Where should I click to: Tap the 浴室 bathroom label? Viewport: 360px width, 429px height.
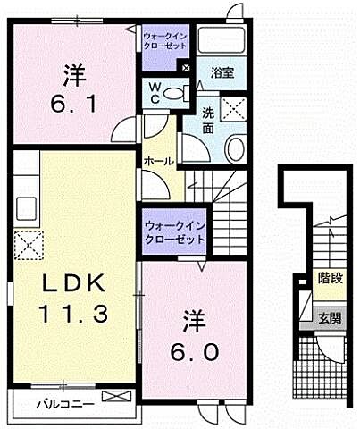pyautogui.click(x=222, y=73)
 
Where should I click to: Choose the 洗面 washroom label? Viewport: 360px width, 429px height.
pyautogui.click(x=206, y=121)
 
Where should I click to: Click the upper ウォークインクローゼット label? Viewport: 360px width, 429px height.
pyautogui.click(x=165, y=39)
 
